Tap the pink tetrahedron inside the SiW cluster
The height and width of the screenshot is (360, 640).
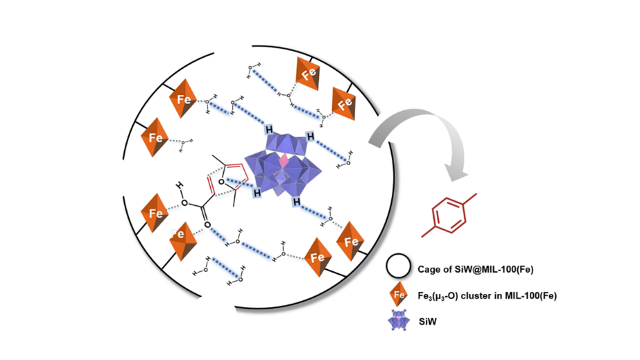click(284, 162)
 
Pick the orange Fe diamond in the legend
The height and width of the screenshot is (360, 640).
click(395, 295)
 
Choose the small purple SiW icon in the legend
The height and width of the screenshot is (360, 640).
click(396, 322)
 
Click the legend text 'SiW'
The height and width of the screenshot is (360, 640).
click(425, 323)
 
